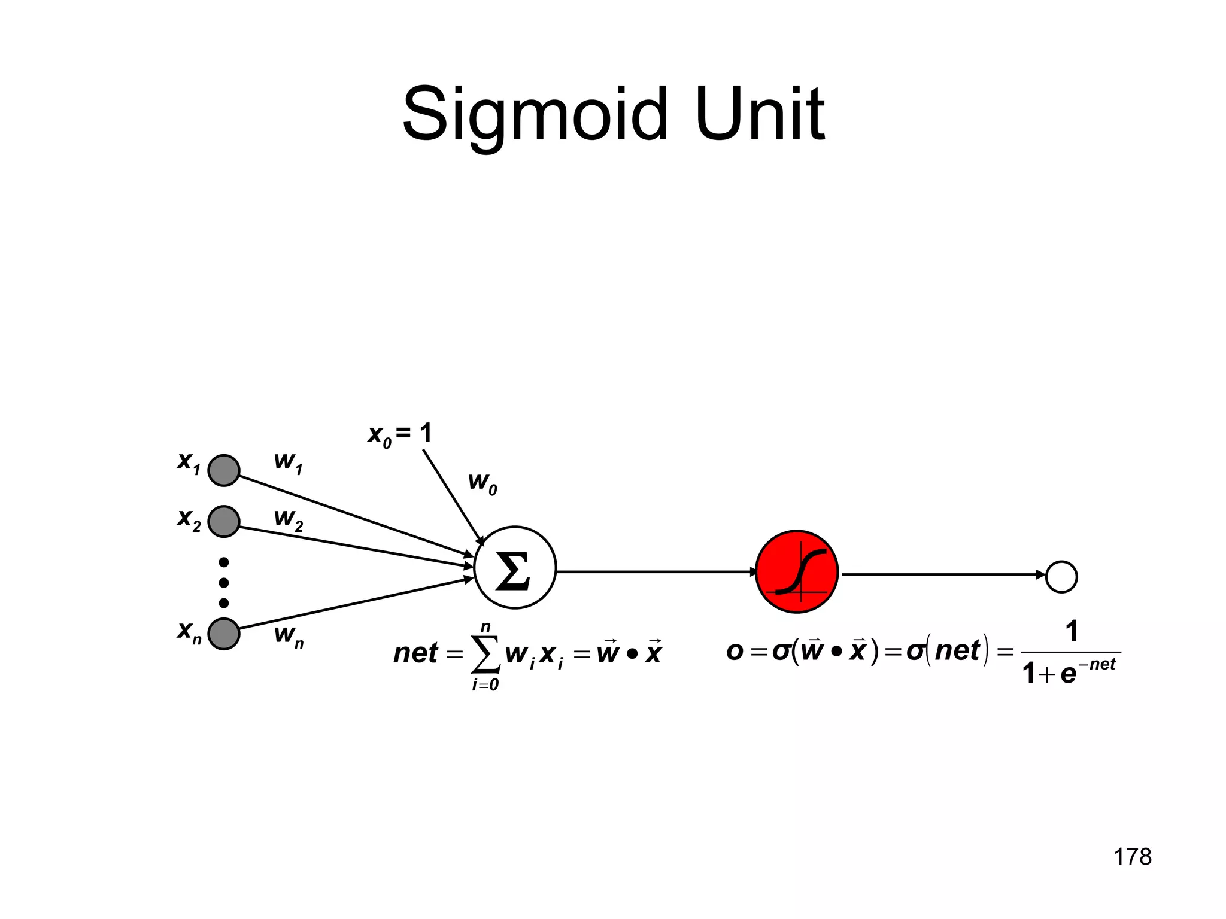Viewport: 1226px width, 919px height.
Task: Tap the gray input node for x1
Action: point(224,470)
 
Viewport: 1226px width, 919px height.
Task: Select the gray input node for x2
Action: point(224,521)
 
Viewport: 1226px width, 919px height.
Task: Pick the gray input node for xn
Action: point(224,634)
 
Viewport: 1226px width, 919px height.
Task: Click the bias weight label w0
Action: point(482,483)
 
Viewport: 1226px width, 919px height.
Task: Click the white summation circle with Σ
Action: point(515,568)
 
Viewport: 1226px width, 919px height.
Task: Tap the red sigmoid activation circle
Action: point(797,571)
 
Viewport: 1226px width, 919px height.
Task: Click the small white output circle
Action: point(1061,577)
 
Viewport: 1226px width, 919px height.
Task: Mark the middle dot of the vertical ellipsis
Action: point(224,583)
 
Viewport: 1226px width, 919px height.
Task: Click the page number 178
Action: point(1132,857)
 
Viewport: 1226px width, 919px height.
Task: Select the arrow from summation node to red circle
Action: point(656,572)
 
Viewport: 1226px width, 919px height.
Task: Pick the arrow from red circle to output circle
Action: point(940,574)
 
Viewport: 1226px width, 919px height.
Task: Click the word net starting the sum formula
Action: point(415,653)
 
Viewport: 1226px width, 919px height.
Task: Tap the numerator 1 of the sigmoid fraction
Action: point(1072,632)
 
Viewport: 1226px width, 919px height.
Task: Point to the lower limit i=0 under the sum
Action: point(485,685)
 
